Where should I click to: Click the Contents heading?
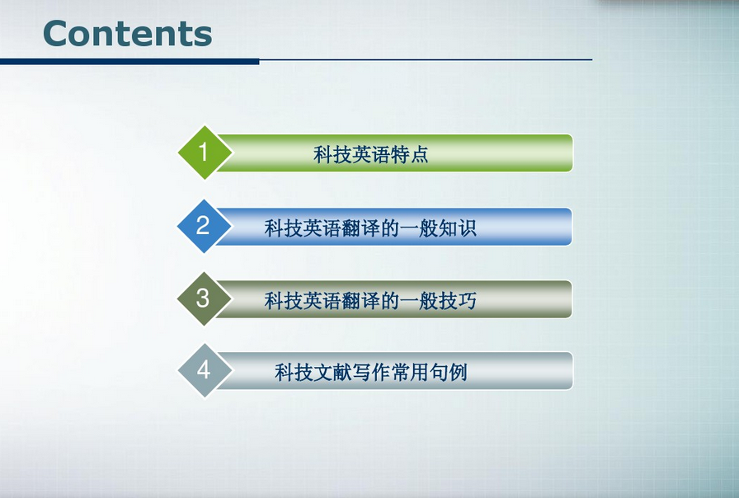[127, 34]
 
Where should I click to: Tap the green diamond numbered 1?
[205, 153]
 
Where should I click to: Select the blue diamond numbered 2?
[204, 226]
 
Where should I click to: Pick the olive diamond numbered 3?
[204, 298]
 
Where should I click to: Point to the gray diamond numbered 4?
[205, 370]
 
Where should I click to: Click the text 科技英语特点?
[371, 154]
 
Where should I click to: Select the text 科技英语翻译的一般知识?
[370, 228]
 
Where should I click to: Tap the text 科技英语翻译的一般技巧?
[370, 301]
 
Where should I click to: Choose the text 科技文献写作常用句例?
[371, 372]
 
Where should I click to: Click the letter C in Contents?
[56, 34]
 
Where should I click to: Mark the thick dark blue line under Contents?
[129, 62]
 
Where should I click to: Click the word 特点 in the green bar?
[409, 154]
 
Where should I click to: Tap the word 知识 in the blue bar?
[458, 228]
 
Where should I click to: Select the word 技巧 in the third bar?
[458, 301]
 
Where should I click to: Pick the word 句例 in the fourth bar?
[448, 372]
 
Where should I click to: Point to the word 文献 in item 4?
[332, 372]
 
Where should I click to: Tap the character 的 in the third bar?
[390, 301]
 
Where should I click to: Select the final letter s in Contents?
[203, 37]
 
